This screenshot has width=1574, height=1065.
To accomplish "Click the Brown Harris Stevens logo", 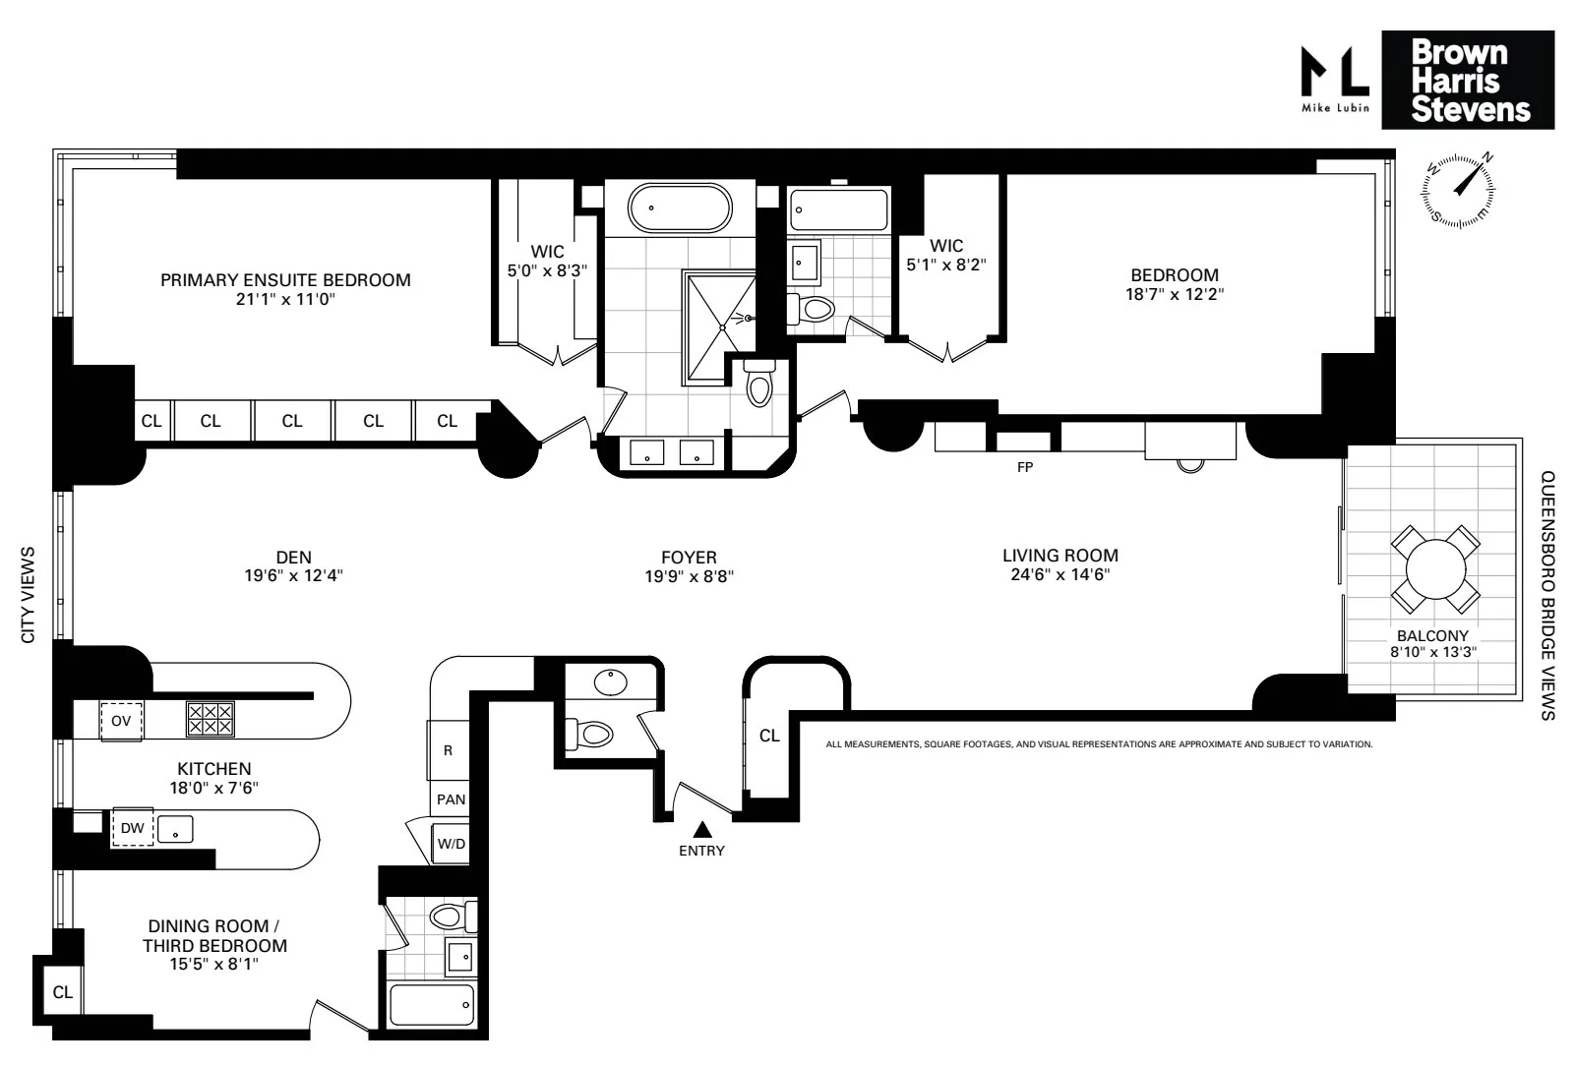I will coord(1468,80).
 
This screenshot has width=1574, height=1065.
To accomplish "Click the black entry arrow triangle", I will coord(701,830).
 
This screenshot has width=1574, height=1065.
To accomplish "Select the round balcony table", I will coord(1435,568).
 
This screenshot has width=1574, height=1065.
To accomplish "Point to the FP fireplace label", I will coord(1025,467).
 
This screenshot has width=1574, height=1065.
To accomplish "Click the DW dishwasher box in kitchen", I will coord(133,828).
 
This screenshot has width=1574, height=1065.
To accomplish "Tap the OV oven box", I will coord(121,721).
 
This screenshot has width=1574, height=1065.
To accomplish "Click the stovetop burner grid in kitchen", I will coord(211,719).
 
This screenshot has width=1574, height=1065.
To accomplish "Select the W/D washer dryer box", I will coord(452,844).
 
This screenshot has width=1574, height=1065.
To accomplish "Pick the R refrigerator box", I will coord(449,750).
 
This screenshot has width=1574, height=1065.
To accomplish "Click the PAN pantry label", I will coord(451,799).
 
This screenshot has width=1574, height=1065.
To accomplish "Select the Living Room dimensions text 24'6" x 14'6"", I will coord(1060,575).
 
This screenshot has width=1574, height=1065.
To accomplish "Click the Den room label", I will coord(293,558).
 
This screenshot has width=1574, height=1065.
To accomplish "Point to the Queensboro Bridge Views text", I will coord(1546,596).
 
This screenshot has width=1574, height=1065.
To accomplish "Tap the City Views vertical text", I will coord(28,595).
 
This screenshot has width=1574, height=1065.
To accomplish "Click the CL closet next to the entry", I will coord(769,736).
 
